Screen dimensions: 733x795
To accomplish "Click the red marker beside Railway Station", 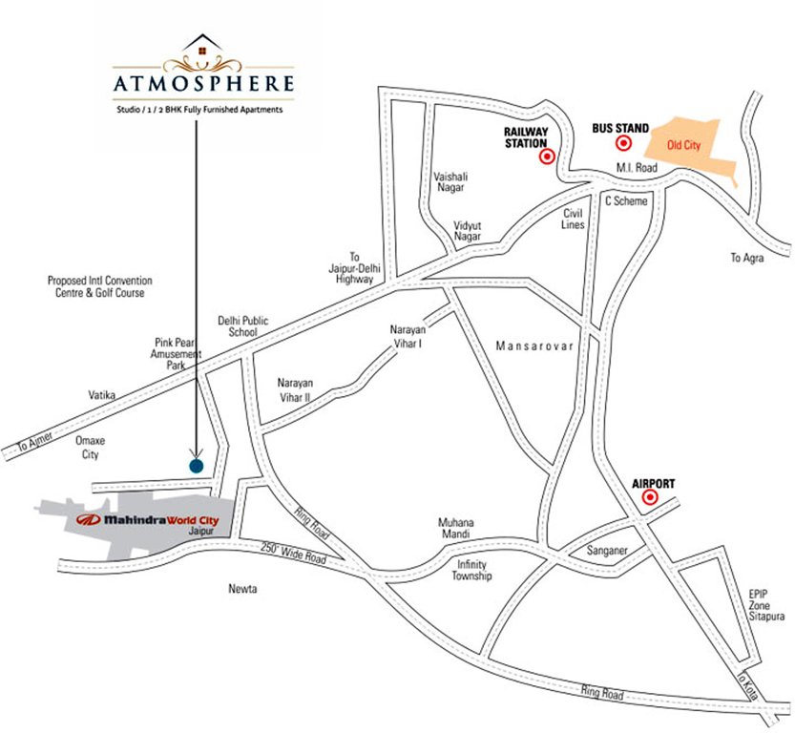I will pos(547,157).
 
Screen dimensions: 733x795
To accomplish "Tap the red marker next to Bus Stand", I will pos(625,144).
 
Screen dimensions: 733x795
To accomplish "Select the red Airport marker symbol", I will pos(650,498).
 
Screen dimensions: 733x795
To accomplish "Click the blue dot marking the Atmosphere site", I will pos(196,466).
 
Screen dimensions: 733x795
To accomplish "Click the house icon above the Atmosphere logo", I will pos(202,46).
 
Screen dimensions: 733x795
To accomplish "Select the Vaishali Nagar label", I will pos(449,182).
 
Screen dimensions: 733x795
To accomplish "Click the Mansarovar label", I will pos(534,346).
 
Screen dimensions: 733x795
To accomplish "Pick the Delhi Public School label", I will pos(238,326).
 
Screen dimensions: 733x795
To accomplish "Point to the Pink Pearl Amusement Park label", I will pos(178,352).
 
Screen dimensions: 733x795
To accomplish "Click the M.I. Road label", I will pos(636,168).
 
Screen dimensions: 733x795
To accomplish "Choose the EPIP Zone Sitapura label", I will pos(766,604).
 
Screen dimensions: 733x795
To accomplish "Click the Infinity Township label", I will pos(471,570).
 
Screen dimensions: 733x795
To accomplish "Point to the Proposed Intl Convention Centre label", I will pos(100,287).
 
